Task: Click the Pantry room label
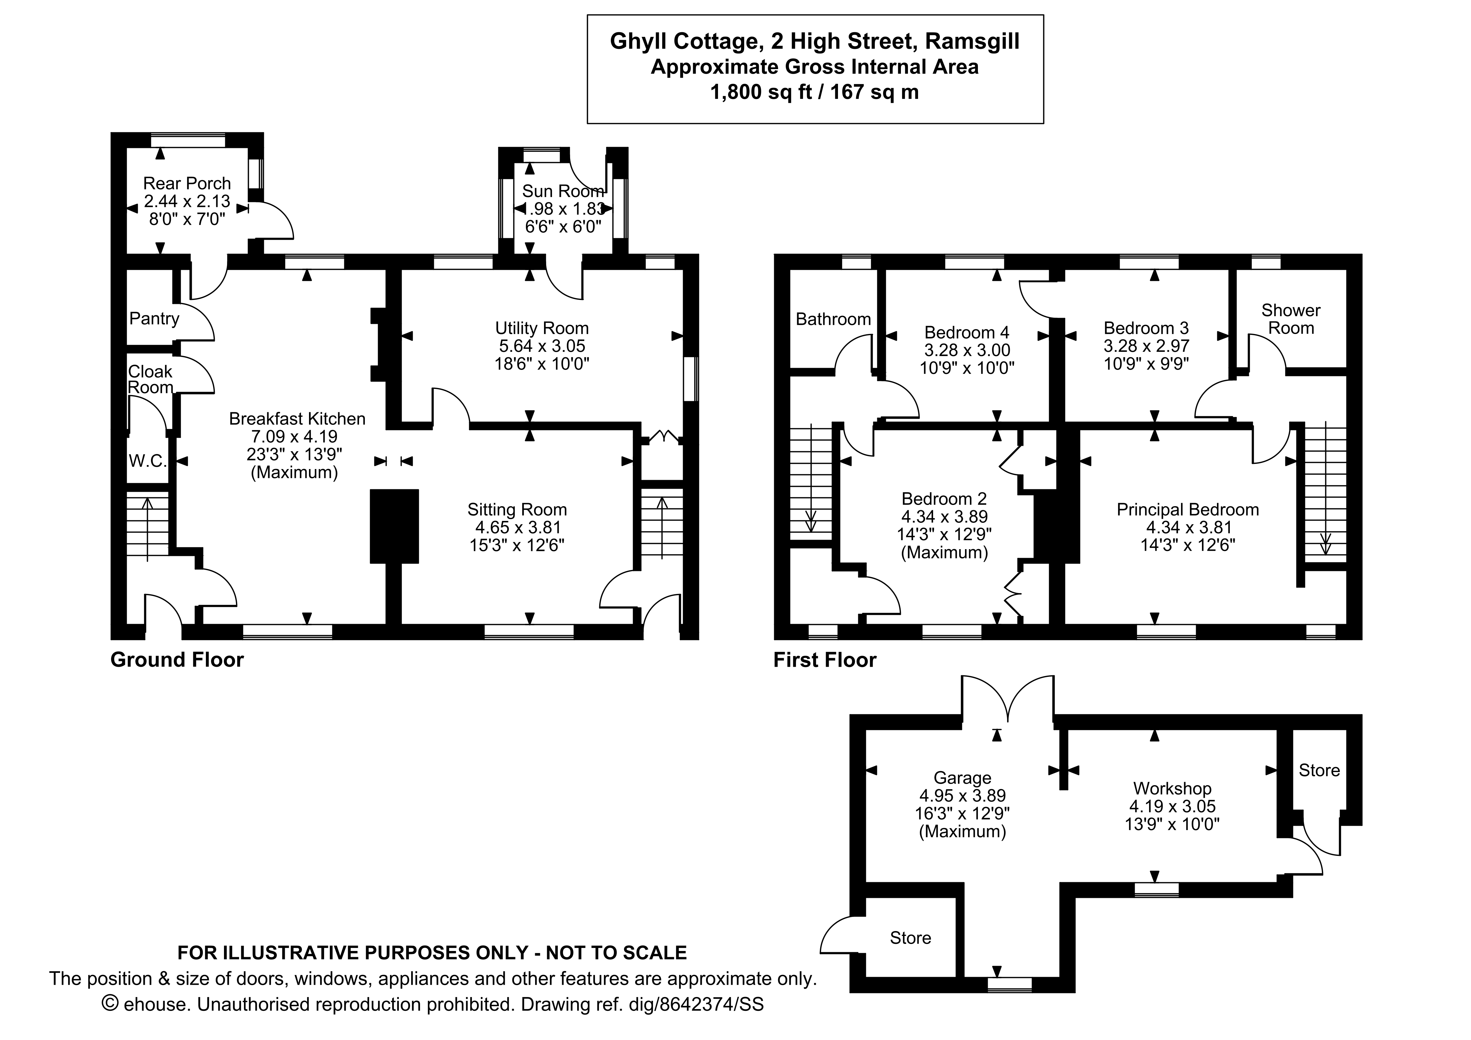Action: point(154,318)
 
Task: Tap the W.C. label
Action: point(147,461)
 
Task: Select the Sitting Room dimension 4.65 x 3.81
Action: point(518,527)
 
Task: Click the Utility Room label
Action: point(541,328)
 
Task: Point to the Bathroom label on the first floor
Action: point(833,319)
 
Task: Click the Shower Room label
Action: point(1290,319)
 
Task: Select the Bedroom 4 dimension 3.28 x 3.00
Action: point(967,351)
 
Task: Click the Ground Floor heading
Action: point(177,660)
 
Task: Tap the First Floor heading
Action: point(824,660)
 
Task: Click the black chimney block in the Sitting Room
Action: point(394,526)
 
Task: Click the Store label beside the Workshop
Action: point(1318,770)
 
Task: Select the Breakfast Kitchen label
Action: point(297,419)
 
